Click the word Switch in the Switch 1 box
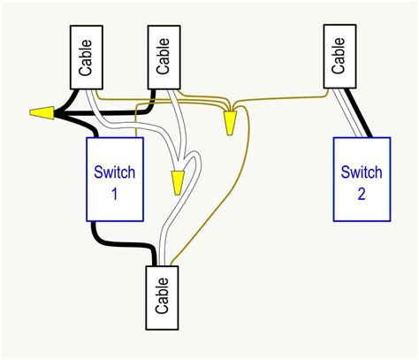point(114,171)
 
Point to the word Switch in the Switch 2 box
point(361,171)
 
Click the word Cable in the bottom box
point(162,295)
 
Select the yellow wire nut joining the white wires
point(178,181)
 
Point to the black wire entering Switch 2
point(361,115)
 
